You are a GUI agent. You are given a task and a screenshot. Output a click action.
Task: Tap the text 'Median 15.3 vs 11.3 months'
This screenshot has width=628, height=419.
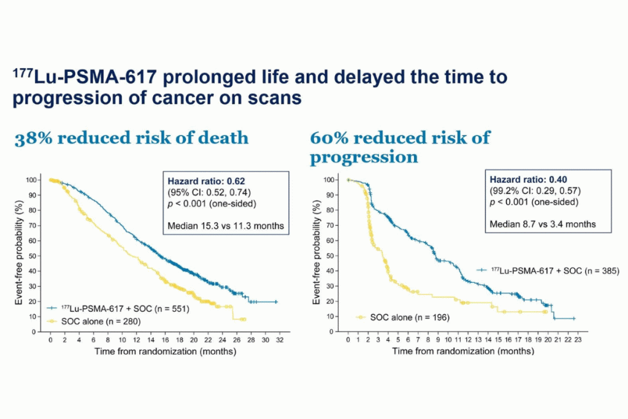click(x=226, y=226)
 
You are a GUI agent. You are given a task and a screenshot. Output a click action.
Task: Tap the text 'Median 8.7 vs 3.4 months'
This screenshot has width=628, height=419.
click(x=543, y=224)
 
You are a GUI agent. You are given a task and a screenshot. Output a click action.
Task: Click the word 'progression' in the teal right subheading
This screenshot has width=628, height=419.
click(x=364, y=157)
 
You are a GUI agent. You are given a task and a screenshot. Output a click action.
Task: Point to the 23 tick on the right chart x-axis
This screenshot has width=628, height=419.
click(x=578, y=339)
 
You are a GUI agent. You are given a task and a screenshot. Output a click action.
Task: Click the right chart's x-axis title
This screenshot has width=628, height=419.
click(x=463, y=352)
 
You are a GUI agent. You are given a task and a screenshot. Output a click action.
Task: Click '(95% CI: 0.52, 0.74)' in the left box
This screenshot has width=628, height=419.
click(x=210, y=192)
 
